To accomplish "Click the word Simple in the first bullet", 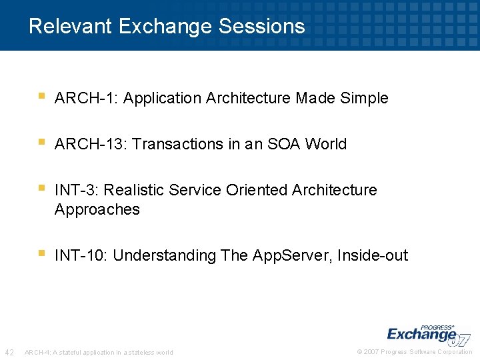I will tap(364, 99).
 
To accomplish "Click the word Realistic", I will tap(134, 191).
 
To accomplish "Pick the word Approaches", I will tap(97, 209).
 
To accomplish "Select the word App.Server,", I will tap(293, 256).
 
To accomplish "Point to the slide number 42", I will tap(10, 352).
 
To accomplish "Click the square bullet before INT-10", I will tap(41, 253).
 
